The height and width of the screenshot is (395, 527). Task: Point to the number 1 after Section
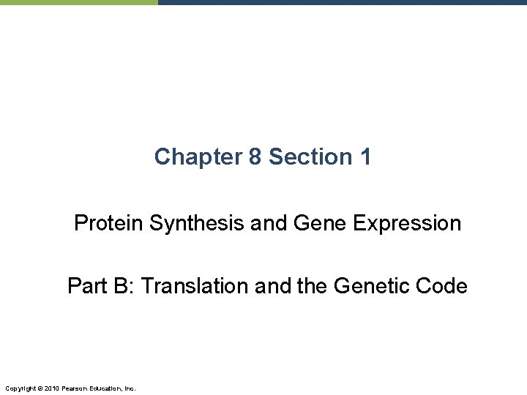coord(365,157)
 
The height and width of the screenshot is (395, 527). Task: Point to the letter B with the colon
coord(122,286)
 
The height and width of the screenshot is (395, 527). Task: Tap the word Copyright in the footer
coord(19,387)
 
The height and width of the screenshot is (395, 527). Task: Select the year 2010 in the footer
coord(51,387)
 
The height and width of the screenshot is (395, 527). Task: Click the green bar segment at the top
coord(78,2)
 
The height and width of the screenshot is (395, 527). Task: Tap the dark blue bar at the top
coord(342,2)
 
